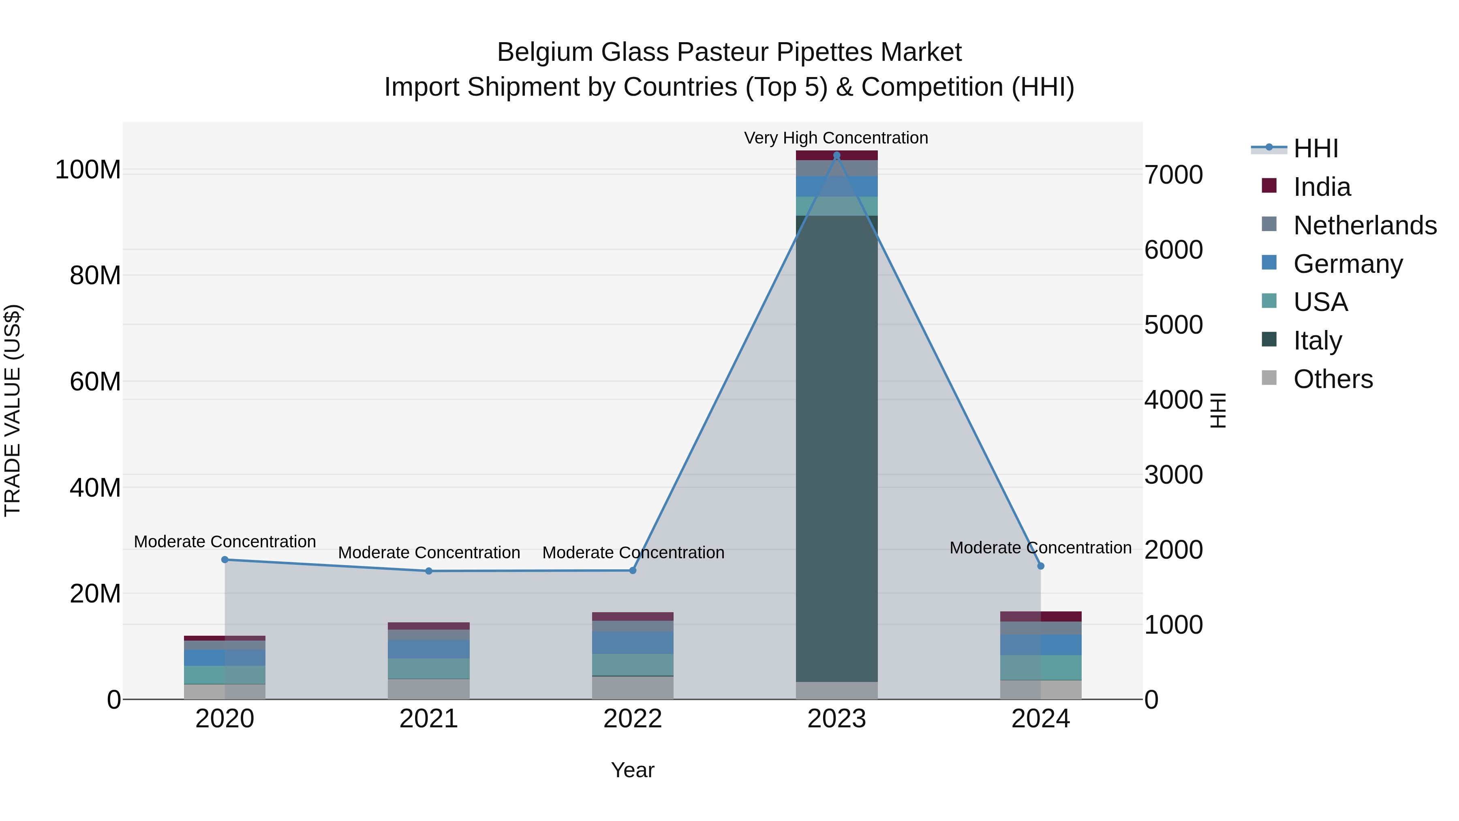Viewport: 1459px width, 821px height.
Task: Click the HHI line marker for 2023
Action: [x=836, y=155]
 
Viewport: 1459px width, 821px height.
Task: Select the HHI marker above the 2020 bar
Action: [x=225, y=560]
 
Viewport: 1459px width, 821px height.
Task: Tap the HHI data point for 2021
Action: [x=429, y=571]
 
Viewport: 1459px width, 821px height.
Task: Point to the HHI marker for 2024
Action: [x=1040, y=566]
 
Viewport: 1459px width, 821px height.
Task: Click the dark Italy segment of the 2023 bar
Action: [x=836, y=448]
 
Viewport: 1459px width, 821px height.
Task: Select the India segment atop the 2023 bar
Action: [x=836, y=155]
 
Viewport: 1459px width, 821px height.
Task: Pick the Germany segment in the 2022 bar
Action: [x=633, y=643]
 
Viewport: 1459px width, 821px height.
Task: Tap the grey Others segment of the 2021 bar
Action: [x=429, y=689]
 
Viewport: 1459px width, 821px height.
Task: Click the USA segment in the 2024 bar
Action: [x=1040, y=667]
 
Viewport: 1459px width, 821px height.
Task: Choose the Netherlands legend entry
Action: [x=1365, y=225]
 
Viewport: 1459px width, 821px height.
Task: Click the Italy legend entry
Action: [x=1318, y=341]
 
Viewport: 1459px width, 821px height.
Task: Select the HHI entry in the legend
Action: [x=1316, y=148]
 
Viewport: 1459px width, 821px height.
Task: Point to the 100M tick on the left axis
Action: [x=88, y=170]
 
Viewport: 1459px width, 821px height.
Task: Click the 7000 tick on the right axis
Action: [x=1174, y=175]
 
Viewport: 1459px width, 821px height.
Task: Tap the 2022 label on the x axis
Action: [x=633, y=719]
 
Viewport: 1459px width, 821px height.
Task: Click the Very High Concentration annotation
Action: [x=836, y=138]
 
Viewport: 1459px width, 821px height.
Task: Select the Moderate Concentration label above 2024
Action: [x=1040, y=548]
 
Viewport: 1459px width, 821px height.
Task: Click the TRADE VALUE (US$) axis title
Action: [x=13, y=410]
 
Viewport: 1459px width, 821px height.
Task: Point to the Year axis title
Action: [x=633, y=770]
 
